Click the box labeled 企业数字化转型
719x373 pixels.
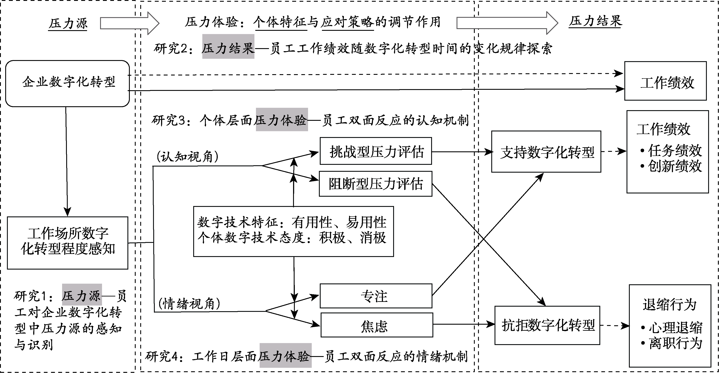(68, 83)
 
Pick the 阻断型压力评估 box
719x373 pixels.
(376, 184)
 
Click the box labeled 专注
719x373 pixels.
(376, 296)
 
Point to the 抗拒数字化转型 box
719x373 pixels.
(547, 325)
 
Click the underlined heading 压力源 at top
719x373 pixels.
(68, 23)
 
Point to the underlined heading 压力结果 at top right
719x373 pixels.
(595, 21)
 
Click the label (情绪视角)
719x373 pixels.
(189, 304)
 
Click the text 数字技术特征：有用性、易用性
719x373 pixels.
(292, 222)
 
